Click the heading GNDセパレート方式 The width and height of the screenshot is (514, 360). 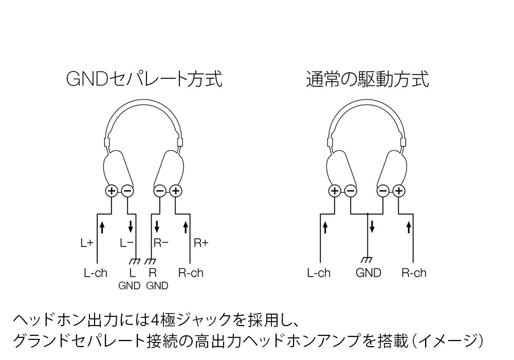pyautogui.click(x=144, y=80)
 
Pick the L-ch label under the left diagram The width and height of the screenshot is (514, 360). pyautogui.click(x=96, y=273)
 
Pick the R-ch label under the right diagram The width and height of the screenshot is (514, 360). pyautogui.click(x=414, y=273)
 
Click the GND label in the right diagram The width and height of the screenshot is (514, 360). pyautogui.click(x=369, y=273)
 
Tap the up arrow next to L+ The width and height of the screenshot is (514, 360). pyautogui.click(x=102, y=226)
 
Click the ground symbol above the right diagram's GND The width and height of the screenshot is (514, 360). pyautogui.click(x=368, y=260)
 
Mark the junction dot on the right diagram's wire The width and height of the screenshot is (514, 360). pyautogui.click(x=368, y=213)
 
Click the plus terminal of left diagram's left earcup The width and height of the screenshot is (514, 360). pyautogui.click(x=112, y=191)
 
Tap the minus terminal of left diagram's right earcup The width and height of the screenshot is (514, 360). pyautogui.click(x=160, y=191)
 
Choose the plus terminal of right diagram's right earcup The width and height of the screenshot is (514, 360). pyautogui.click(x=399, y=191)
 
